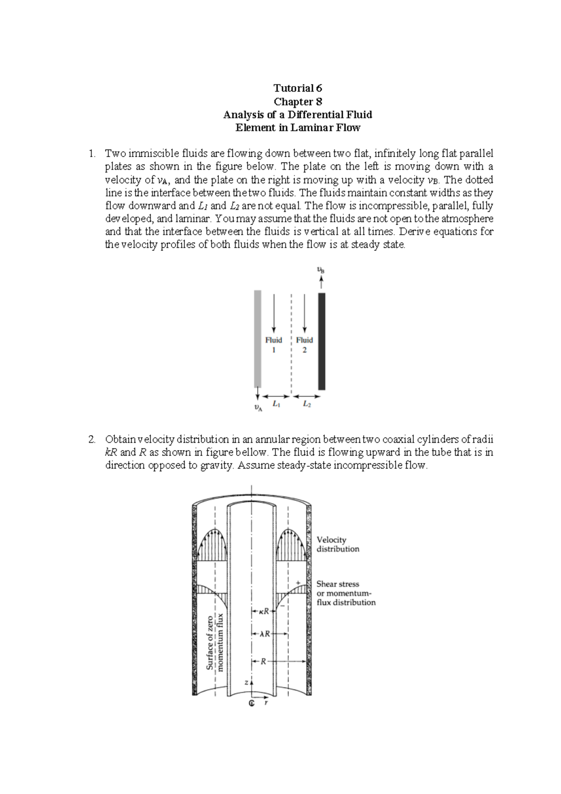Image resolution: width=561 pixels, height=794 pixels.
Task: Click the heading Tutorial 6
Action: [297, 88]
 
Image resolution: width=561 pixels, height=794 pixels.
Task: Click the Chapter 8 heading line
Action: [297, 101]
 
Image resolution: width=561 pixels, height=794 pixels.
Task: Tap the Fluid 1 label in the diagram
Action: [273, 345]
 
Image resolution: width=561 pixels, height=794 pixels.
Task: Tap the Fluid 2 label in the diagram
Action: [304, 345]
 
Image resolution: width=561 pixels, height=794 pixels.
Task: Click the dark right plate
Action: [322, 341]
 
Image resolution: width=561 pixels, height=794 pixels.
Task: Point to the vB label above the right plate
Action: [321, 270]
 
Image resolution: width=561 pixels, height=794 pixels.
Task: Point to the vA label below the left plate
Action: [258, 407]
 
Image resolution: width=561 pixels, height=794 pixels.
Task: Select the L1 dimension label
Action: [276, 404]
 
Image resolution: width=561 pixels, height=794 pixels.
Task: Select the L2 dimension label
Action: [306, 404]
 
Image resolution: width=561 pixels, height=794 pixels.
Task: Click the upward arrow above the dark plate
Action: [321, 282]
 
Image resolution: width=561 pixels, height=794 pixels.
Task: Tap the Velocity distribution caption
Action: [338, 544]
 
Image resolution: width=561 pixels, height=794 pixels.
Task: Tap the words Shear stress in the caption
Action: [338, 584]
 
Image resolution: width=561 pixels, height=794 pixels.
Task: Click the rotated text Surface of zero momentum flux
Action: [215, 641]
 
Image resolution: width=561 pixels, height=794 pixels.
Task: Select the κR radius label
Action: [263, 611]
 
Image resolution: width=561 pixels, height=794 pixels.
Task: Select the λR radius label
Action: [265, 634]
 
